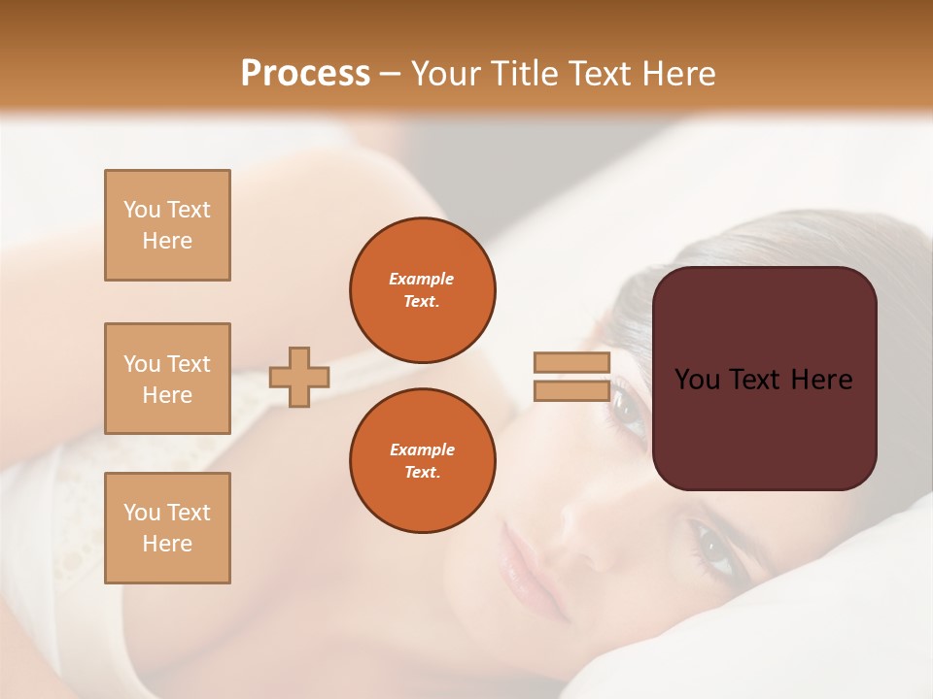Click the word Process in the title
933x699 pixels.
(305, 74)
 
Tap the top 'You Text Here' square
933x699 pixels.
(167, 225)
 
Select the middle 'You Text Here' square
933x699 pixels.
(167, 379)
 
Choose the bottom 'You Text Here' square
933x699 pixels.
(167, 528)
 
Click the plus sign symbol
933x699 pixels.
(298, 377)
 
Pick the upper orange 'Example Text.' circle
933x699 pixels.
(422, 290)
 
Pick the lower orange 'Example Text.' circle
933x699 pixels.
(422, 461)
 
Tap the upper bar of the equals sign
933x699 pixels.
(571, 362)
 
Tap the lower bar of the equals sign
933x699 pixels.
(571, 391)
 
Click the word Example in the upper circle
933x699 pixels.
(421, 279)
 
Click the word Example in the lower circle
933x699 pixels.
(421, 449)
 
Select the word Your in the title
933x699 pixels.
(444, 74)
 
